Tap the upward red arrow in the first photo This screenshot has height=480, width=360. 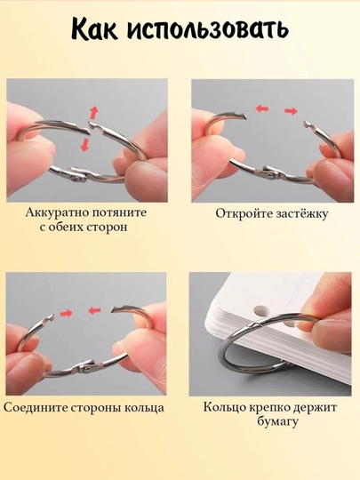(94, 113)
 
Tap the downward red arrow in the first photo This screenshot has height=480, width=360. (84, 145)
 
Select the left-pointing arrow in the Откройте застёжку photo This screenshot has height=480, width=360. (262, 108)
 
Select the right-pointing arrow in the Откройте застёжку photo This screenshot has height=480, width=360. (292, 111)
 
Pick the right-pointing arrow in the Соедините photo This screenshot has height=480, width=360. (66, 313)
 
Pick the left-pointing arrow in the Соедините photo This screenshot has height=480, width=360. (94, 311)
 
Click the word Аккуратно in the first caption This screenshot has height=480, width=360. (57, 212)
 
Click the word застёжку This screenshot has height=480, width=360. (302, 213)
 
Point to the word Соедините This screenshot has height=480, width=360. (37, 408)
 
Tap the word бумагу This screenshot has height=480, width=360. (277, 422)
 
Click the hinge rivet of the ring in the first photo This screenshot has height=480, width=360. (75, 180)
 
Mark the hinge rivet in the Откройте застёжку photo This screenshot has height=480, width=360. (269, 175)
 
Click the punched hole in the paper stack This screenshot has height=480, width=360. (261, 310)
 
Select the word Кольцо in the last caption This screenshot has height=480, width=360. (224, 407)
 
